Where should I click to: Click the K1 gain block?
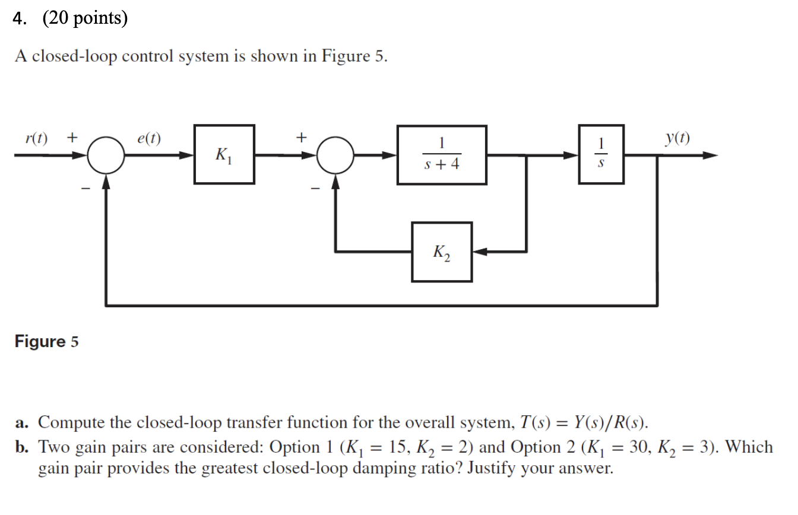tap(224, 154)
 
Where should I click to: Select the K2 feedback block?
tap(442, 252)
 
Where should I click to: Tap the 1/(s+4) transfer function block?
tap(442, 154)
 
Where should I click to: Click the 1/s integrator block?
tap(602, 154)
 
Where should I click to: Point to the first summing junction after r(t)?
tap(106, 155)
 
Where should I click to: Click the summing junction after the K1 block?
tap(335, 155)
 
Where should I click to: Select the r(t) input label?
tap(37, 138)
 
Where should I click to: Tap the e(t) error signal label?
tap(148, 138)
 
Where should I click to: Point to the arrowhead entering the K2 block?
tap(480, 252)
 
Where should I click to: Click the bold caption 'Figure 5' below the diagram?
tap(46, 342)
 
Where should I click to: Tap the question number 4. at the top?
tap(21, 19)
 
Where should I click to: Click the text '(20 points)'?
tap(85, 19)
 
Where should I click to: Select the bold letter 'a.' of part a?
tap(23, 423)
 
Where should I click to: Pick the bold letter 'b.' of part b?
tap(24, 447)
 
